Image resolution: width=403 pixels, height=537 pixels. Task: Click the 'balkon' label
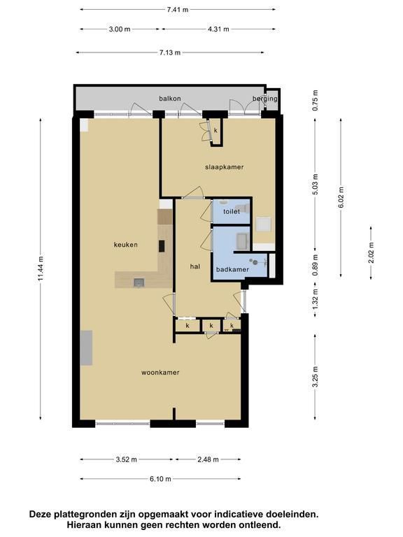click(169, 99)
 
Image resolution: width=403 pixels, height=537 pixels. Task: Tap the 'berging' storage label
click(265, 99)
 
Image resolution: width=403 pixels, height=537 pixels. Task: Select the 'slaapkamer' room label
click(225, 167)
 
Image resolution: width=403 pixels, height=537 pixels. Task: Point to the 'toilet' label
click(232, 212)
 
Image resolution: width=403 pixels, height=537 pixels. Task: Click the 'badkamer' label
click(232, 269)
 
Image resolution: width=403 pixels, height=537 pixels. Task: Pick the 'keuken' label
click(126, 245)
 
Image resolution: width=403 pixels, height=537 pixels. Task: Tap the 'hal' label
click(195, 266)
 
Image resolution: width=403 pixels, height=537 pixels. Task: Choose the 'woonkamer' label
click(160, 373)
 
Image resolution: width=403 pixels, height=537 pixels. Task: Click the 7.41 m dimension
click(178, 10)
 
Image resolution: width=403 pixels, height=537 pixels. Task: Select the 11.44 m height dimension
click(41, 268)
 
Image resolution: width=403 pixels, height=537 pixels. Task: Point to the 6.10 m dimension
click(160, 479)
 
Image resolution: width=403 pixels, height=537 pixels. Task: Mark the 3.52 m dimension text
click(126, 459)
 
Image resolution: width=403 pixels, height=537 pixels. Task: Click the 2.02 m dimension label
click(371, 252)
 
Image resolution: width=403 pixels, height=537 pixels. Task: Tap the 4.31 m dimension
click(218, 29)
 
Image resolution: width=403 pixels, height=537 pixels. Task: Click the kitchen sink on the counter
click(139, 282)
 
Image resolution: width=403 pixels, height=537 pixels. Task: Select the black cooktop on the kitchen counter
click(162, 246)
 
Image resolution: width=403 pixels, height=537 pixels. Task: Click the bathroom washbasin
click(243, 241)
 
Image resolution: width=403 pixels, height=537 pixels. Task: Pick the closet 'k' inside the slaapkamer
click(216, 131)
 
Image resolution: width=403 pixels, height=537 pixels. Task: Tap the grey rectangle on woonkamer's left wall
click(86, 348)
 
